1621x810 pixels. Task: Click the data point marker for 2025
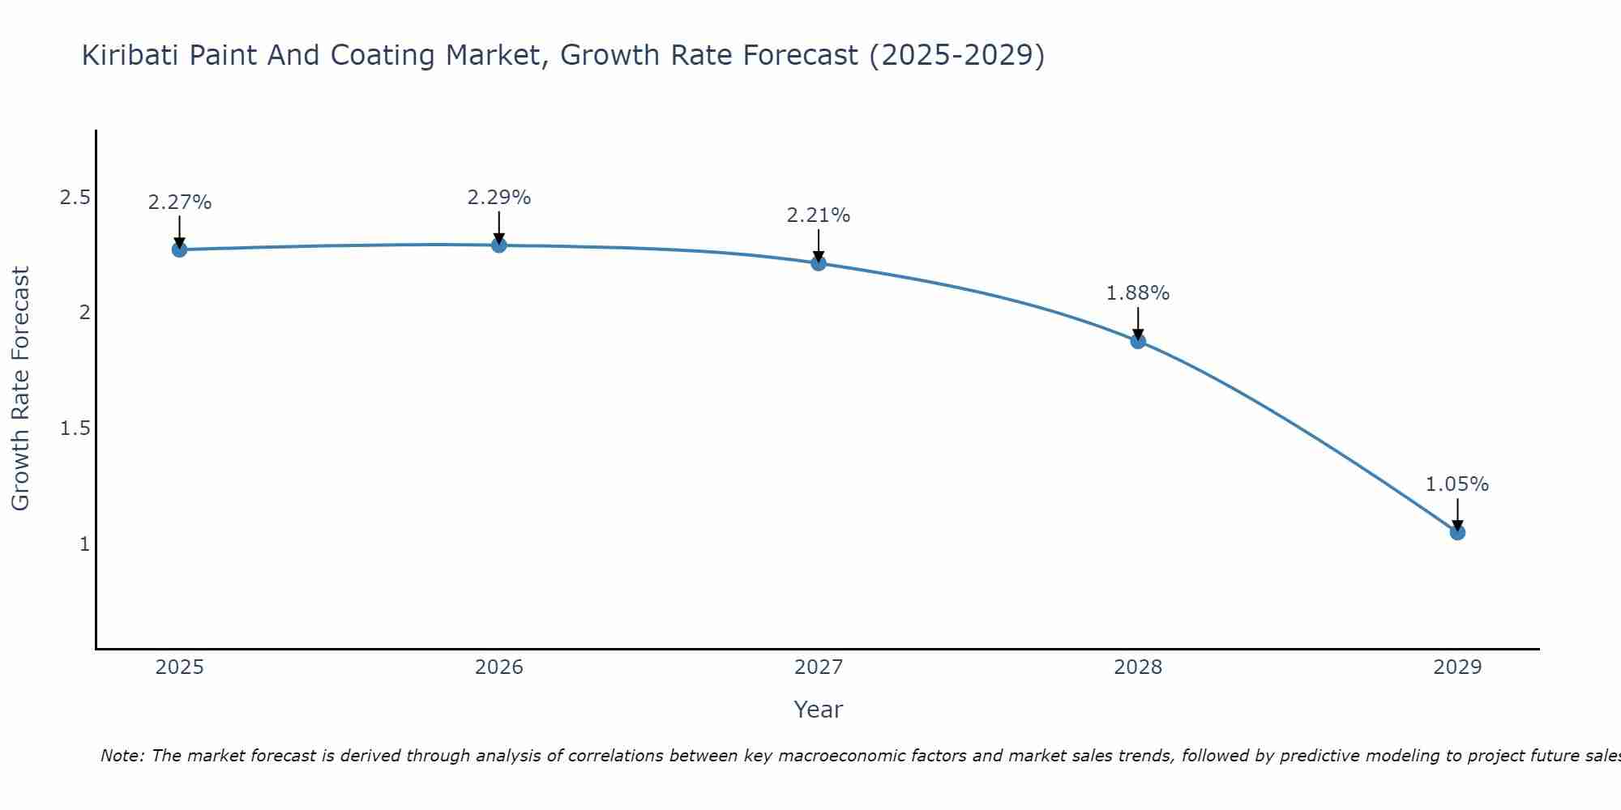(180, 249)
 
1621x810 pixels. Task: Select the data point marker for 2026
(499, 245)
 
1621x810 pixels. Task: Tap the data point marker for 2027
(819, 263)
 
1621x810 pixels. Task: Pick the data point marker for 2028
(1138, 341)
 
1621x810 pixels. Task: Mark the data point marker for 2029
(1457, 532)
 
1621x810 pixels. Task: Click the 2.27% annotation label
(180, 202)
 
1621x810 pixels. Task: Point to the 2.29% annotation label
(499, 198)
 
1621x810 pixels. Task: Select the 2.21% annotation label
(819, 215)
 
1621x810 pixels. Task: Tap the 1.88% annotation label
(1138, 293)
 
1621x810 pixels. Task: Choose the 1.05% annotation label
(1457, 484)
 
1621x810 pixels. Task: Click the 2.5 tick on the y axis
(75, 198)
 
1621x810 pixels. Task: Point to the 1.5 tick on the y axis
(75, 428)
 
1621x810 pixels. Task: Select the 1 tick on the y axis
(84, 544)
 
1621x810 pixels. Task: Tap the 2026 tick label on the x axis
(499, 667)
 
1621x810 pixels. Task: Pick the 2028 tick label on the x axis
(1138, 667)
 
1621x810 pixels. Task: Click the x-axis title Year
(819, 710)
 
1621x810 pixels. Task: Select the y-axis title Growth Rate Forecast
(20, 389)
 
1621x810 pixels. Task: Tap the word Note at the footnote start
(122, 756)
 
